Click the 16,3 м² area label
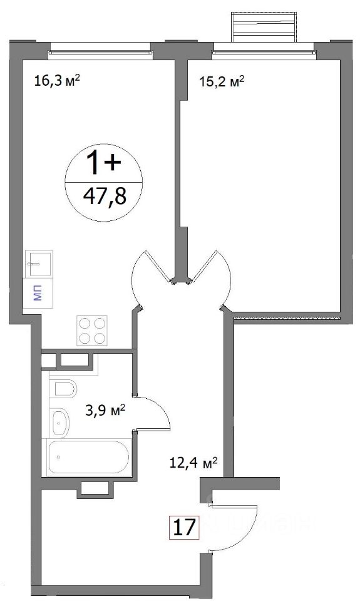tap(57, 81)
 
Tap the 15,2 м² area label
tap(222, 82)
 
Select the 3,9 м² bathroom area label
tap(105, 412)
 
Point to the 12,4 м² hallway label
tap(193, 463)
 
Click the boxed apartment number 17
tap(185, 528)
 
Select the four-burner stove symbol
tap(92, 331)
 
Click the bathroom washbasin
tap(60, 423)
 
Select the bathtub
tap(88, 458)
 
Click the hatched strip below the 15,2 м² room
tap(287, 317)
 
